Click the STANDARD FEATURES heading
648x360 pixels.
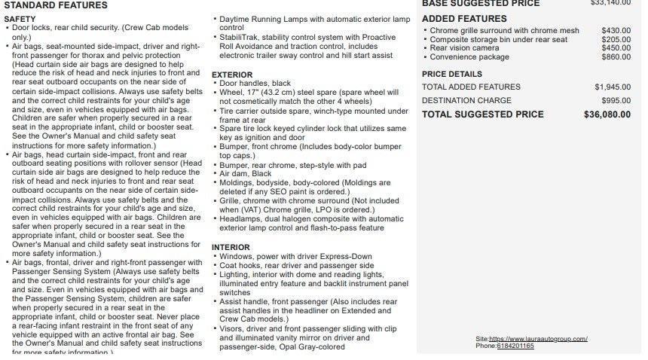[x=56, y=5]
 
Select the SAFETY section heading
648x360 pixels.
[x=20, y=19]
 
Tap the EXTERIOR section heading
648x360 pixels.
[x=232, y=75]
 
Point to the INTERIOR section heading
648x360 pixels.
[x=230, y=248]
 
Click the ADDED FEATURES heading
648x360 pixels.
[x=464, y=19]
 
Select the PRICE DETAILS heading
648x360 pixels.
[x=452, y=75]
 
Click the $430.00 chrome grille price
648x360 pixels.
[x=616, y=31]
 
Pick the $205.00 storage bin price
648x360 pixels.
[x=616, y=40]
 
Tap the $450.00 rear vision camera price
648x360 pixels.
[x=616, y=48]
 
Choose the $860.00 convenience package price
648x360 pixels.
[x=616, y=57]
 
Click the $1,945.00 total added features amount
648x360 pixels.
[x=613, y=87]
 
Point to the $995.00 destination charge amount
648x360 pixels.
[x=616, y=101]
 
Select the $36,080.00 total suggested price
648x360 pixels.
[x=607, y=115]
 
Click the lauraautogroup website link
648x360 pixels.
[x=538, y=339]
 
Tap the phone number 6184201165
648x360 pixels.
[x=515, y=346]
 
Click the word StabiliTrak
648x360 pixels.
[x=238, y=37]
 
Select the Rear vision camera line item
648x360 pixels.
[x=464, y=48]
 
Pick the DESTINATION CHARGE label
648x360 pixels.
[x=466, y=101]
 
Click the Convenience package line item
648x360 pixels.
[x=469, y=57]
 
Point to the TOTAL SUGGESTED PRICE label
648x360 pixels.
[x=482, y=115]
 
